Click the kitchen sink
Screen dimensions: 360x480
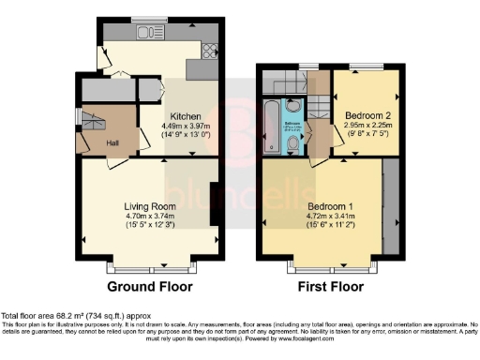[x=148, y=34]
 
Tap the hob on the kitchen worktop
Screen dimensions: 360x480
[x=212, y=53]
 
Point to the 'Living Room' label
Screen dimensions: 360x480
[x=151, y=205]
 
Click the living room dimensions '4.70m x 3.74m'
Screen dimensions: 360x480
[x=151, y=216]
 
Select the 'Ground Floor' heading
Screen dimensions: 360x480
[x=150, y=286]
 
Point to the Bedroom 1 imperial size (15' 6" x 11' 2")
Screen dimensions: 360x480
[x=327, y=225]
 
